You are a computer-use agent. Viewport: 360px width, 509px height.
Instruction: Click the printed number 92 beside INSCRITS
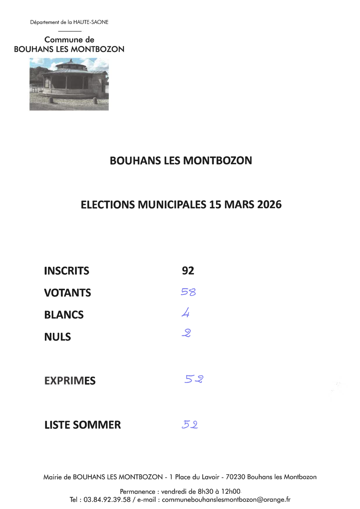point(188,271)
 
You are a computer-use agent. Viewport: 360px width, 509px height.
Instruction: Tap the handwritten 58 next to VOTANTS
point(188,292)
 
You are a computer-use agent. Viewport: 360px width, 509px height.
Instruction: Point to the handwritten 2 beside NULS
point(186,333)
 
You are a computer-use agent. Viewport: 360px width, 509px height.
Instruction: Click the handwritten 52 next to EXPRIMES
point(194,379)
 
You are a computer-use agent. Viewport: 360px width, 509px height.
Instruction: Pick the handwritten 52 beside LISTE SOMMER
point(190,424)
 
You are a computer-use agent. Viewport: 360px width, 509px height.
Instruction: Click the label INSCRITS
point(66,271)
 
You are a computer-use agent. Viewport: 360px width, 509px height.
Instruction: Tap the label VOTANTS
point(68,293)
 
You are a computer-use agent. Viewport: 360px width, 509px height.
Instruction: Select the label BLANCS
point(64,315)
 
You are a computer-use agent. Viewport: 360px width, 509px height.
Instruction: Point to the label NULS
point(58,337)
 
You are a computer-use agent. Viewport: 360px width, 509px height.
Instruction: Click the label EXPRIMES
point(70,381)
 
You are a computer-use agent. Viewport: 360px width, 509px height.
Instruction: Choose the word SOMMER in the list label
point(97,425)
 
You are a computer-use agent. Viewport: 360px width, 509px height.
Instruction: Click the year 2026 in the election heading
point(270,204)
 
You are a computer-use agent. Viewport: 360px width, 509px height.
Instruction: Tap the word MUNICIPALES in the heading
point(172,204)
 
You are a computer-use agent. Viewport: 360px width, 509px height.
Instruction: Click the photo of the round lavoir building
point(69,84)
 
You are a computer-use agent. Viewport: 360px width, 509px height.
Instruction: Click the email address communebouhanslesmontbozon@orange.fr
point(226,499)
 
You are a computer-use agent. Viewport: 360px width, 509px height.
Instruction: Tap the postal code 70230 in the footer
point(236,477)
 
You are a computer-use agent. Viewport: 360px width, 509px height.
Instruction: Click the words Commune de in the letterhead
point(69,40)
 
